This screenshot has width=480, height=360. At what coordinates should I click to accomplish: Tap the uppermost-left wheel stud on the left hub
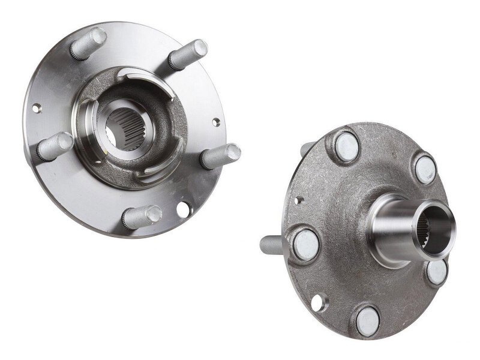click(88, 44)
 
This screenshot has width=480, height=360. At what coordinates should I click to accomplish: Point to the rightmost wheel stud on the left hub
click(221, 156)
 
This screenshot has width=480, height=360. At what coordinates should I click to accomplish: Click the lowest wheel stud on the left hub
click(142, 217)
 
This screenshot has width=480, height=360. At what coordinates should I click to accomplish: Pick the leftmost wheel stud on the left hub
click(55, 145)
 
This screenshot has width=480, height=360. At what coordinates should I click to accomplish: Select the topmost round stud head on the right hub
click(346, 146)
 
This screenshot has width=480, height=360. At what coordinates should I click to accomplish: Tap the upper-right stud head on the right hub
click(425, 169)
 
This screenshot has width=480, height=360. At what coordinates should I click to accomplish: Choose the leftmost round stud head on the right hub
click(306, 244)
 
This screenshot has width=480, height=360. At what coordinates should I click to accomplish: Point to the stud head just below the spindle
click(437, 271)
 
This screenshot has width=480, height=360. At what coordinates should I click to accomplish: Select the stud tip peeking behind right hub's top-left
click(306, 148)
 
